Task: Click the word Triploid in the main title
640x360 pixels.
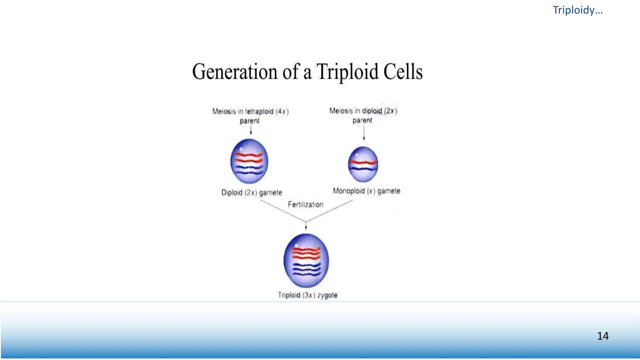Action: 347,72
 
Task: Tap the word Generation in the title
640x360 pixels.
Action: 235,72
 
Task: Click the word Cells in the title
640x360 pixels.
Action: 403,72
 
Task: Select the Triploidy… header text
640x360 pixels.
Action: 577,10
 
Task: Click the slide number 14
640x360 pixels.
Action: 602,336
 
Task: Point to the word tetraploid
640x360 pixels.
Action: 259,111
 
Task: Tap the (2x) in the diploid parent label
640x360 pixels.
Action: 391,111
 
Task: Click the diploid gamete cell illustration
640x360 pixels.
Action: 249,161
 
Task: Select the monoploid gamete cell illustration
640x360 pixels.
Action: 363,164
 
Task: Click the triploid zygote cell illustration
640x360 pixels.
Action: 306,261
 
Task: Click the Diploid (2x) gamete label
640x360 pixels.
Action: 252,192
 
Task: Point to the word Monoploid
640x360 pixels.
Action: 348,191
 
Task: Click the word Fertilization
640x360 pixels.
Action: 305,204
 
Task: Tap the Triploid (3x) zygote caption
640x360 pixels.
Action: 307,295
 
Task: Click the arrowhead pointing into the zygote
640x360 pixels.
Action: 306,227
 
